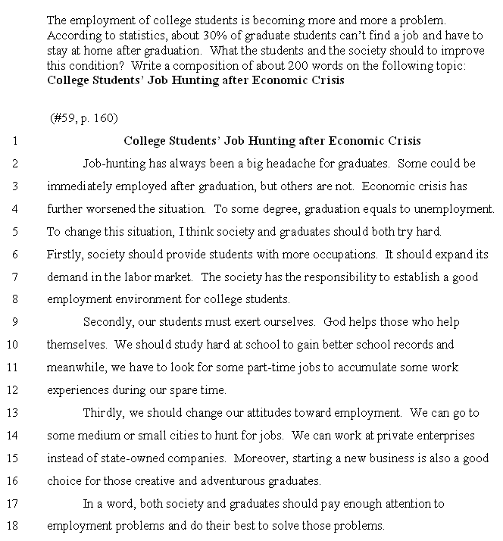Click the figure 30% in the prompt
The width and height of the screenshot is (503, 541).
(x=191, y=36)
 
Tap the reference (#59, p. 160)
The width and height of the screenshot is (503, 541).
(x=83, y=118)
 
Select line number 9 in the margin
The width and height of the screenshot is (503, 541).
(x=14, y=322)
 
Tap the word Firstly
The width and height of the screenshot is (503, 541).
(x=63, y=254)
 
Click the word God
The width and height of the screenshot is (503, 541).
(x=334, y=322)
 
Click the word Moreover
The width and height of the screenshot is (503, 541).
(x=260, y=458)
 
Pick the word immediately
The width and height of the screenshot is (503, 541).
(x=81, y=186)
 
